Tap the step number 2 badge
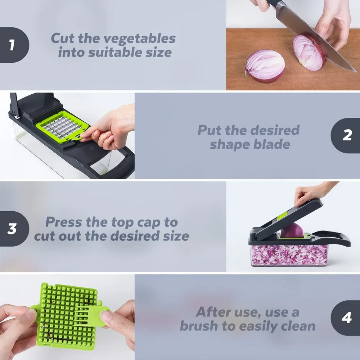347,135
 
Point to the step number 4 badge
347,318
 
